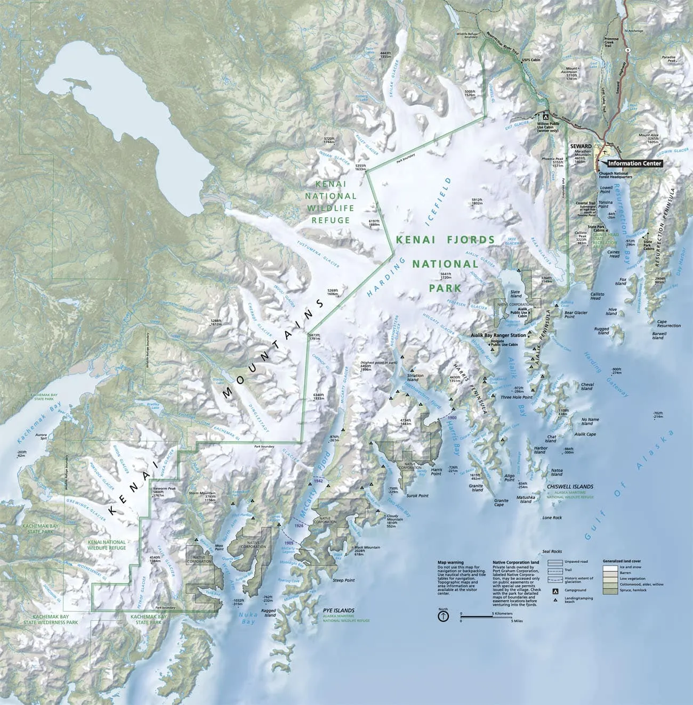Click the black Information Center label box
634,163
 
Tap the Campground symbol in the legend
555,590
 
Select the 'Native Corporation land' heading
515,562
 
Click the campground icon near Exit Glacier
545,115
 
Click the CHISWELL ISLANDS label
570,487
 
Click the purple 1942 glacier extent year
319,480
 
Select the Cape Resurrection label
668,324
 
